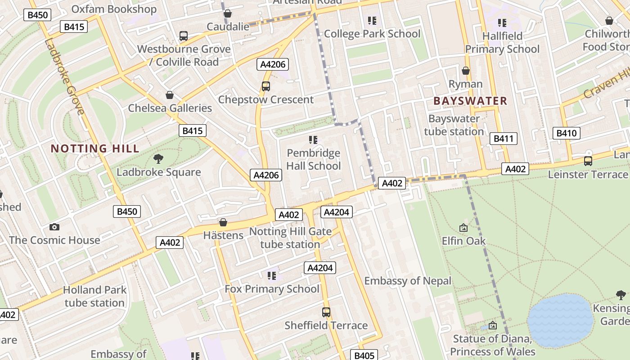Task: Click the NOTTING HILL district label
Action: (x=94, y=148)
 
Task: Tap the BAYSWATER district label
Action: (x=470, y=101)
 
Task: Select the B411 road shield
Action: (x=503, y=139)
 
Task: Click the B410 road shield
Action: (x=566, y=133)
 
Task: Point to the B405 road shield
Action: (x=364, y=355)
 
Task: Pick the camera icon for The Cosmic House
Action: (x=54, y=227)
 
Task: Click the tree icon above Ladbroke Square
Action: (x=158, y=158)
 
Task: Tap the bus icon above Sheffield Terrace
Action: (x=326, y=312)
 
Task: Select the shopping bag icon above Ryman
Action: (x=466, y=71)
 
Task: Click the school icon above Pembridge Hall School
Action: (x=314, y=140)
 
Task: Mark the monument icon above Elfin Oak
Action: (x=463, y=228)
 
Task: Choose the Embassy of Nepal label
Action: (x=407, y=281)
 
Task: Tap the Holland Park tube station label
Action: (x=94, y=296)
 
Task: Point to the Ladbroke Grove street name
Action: (x=64, y=76)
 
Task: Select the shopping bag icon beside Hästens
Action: (x=223, y=222)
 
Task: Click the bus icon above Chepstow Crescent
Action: (x=266, y=86)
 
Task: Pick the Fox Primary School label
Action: (x=272, y=289)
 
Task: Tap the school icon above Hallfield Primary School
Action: (x=502, y=22)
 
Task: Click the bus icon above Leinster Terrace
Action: (x=588, y=161)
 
